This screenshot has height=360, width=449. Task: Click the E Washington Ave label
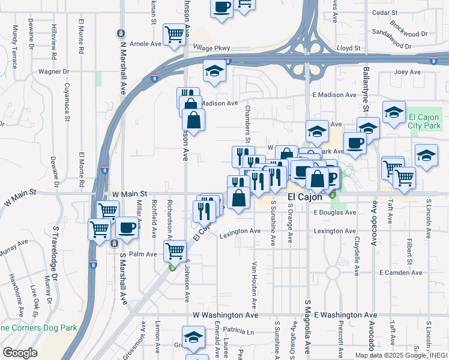345,314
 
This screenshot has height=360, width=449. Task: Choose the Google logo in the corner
20,352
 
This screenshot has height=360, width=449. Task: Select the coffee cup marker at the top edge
221,8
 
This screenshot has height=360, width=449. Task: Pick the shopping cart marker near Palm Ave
175,250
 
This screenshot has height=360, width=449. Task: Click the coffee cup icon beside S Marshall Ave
127,228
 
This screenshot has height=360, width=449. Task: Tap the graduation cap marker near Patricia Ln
193,337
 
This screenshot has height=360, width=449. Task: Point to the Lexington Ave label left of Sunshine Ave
240,231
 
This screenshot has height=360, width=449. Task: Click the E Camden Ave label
400,272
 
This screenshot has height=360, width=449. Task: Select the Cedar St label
385,13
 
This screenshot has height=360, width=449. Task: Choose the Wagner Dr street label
54,71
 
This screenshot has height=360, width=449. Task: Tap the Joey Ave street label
408,72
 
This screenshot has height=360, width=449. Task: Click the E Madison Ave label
335,95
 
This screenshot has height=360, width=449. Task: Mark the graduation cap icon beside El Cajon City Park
394,113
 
